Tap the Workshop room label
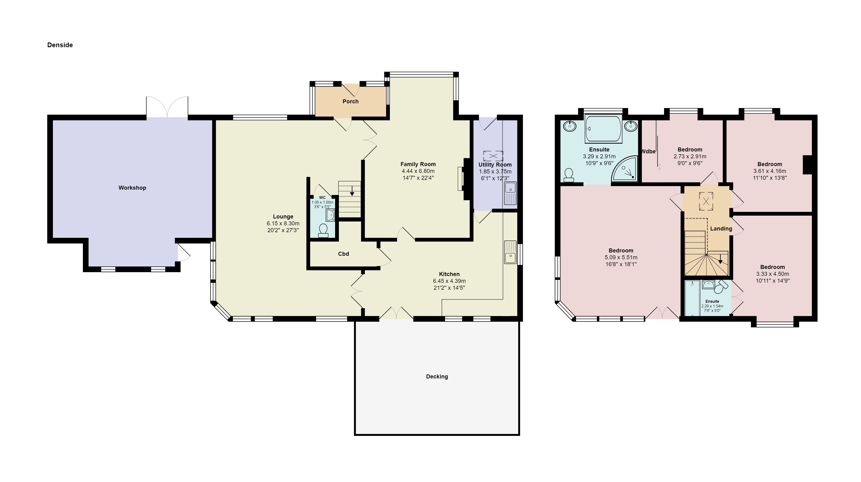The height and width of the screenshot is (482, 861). click(x=132, y=188)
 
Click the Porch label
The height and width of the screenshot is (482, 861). click(x=350, y=101)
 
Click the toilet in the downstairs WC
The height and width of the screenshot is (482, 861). click(x=323, y=230)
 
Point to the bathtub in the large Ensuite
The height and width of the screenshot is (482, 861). click(x=603, y=129)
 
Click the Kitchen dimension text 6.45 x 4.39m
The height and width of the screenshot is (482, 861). click(x=449, y=281)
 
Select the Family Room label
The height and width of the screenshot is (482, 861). click(x=418, y=164)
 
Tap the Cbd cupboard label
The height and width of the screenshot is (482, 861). click(x=343, y=254)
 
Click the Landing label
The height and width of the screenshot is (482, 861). click(x=721, y=228)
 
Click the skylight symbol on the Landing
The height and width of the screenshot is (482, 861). click(x=706, y=201)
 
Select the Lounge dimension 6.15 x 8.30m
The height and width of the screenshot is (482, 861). click(x=283, y=223)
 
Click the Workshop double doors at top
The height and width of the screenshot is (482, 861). click(x=167, y=107)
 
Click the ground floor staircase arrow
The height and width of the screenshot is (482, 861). click(x=352, y=191)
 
